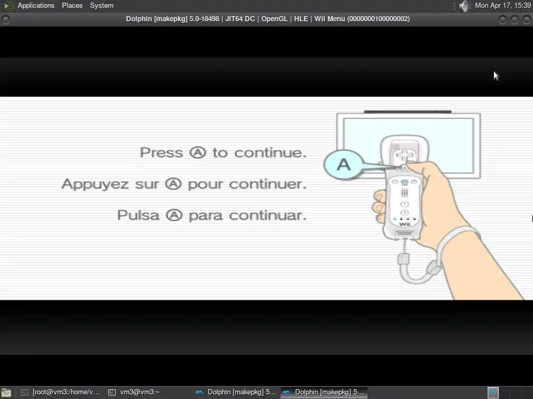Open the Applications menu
(36, 5)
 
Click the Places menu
(72, 5)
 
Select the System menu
(101, 5)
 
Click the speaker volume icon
(464, 6)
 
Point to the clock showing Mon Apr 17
(503, 5)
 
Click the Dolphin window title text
(268, 19)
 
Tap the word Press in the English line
(161, 153)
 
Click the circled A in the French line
(173, 184)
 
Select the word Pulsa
(138, 215)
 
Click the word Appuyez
(96, 184)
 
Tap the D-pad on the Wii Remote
(404, 156)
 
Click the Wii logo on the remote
(404, 224)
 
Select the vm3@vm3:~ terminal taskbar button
(134, 392)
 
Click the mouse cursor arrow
(496, 76)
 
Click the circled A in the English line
(198, 152)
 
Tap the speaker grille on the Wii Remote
(404, 193)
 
